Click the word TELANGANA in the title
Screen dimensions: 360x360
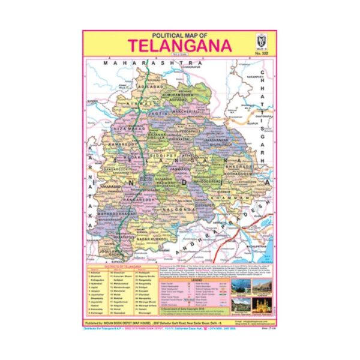click(171, 46)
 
